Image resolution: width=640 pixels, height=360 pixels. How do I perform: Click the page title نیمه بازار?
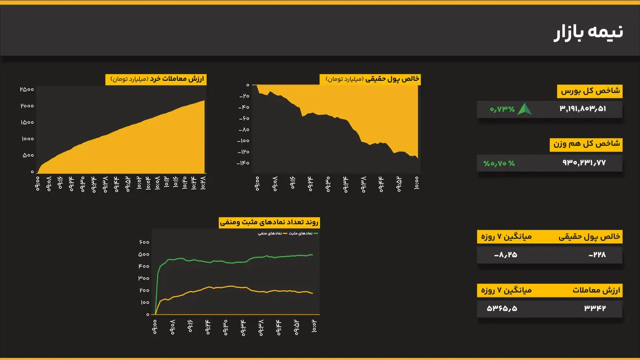(x=588, y=32)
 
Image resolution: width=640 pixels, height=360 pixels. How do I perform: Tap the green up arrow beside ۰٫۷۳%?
(x=524, y=109)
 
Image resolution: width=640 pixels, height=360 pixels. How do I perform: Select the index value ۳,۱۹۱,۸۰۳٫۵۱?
(x=583, y=109)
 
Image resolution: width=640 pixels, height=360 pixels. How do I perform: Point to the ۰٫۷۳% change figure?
(x=502, y=109)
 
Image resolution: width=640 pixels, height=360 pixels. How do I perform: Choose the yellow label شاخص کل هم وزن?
(x=586, y=144)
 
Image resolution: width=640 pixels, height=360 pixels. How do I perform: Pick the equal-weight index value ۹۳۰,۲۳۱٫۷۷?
(x=584, y=163)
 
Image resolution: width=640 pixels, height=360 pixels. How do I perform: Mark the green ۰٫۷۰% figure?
(x=499, y=163)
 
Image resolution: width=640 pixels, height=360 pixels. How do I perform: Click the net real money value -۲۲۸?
(x=597, y=255)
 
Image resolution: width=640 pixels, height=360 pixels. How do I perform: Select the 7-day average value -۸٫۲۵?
(x=506, y=255)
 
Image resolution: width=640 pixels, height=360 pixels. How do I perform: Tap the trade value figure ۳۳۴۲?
(x=595, y=308)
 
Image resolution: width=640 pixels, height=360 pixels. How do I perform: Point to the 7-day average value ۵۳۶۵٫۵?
(x=502, y=308)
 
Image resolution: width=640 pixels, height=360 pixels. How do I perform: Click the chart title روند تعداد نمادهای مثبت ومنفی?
(x=269, y=223)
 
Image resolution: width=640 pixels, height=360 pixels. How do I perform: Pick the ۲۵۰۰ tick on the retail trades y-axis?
(x=27, y=89)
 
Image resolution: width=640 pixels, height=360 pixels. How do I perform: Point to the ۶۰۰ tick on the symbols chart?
(x=144, y=242)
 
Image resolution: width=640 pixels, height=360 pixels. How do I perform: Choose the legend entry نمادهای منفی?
(x=270, y=233)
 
